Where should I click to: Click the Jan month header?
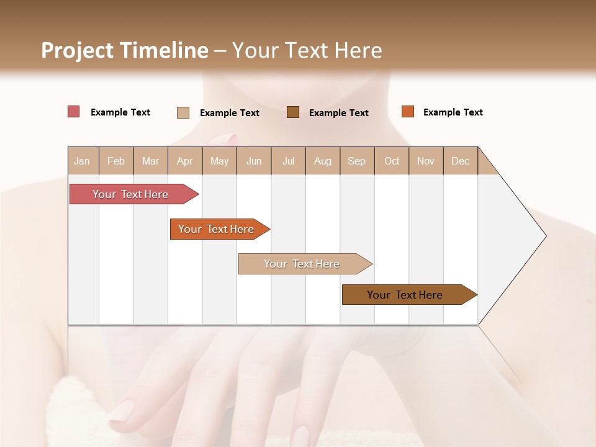[83, 161]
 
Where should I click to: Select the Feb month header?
[116, 161]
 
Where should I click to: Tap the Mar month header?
[150, 161]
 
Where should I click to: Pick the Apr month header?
[185, 161]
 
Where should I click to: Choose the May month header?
[219, 161]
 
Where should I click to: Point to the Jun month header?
[254, 161]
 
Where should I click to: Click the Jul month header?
[288, 161]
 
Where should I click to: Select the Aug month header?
[323, 161]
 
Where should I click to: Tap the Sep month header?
[357, 161]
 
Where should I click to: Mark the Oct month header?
[392, 161]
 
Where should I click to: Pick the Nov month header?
[426, 161]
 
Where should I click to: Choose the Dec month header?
[461, 161]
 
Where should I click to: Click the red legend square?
[74, 112]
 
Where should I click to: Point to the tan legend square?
[183, 112]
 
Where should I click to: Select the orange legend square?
[407, 112]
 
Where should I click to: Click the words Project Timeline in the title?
[125, 50]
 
